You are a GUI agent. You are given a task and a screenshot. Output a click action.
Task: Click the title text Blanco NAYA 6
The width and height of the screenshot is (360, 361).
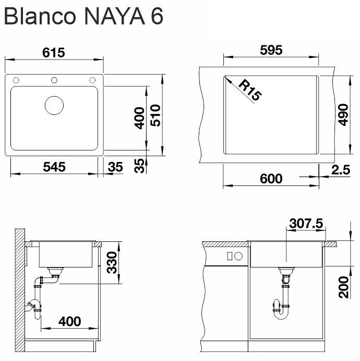pos(83,16)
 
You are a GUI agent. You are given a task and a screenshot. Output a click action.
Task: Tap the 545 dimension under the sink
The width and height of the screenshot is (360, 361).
pos(54,167)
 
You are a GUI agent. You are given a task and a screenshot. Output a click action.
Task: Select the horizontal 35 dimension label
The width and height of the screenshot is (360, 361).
pos(115,167)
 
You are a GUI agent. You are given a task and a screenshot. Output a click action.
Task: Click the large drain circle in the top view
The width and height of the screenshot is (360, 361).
pos(54,104)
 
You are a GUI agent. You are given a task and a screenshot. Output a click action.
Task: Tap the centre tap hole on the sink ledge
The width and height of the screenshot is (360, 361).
pos(54,80)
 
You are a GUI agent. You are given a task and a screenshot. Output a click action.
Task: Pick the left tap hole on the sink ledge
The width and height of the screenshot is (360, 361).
pos(16,80)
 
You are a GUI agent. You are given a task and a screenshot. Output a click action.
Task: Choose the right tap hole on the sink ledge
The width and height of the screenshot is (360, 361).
pos(93,80)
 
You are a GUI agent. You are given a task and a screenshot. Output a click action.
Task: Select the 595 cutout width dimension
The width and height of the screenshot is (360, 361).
pos(271,50)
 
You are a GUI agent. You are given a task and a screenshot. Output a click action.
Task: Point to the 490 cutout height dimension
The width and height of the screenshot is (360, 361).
pos(342,115)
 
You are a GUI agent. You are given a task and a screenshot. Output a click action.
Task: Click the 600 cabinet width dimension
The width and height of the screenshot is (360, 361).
pos(271,179)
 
